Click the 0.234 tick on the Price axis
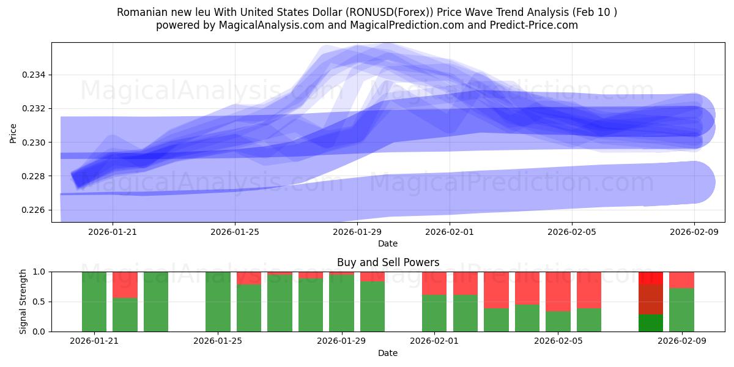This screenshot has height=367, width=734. point(35,75)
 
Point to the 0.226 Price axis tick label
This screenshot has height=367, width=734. point(35,210)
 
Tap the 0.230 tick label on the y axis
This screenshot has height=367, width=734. point(35,142)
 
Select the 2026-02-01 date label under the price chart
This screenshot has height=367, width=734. point(450,232)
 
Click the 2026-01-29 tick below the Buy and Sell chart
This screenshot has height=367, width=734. point(341,341)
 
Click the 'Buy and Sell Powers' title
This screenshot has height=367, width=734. point(388,262)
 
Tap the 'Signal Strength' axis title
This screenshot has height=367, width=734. point(23,302)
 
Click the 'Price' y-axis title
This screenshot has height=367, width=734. point(13,132)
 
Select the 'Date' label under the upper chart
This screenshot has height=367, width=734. point(388,243)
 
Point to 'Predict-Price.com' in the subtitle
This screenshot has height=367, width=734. point(536,25)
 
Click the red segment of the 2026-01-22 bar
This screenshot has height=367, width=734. point(125,284)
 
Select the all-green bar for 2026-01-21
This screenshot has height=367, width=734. point(94,302)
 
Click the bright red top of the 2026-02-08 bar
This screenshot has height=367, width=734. point(651,278)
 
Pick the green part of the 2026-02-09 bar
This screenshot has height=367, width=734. point(681,310)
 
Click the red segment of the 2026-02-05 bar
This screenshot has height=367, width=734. point(558,291)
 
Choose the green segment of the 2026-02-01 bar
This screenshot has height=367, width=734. point(434,313)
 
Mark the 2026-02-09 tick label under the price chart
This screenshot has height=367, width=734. point(694,232)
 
